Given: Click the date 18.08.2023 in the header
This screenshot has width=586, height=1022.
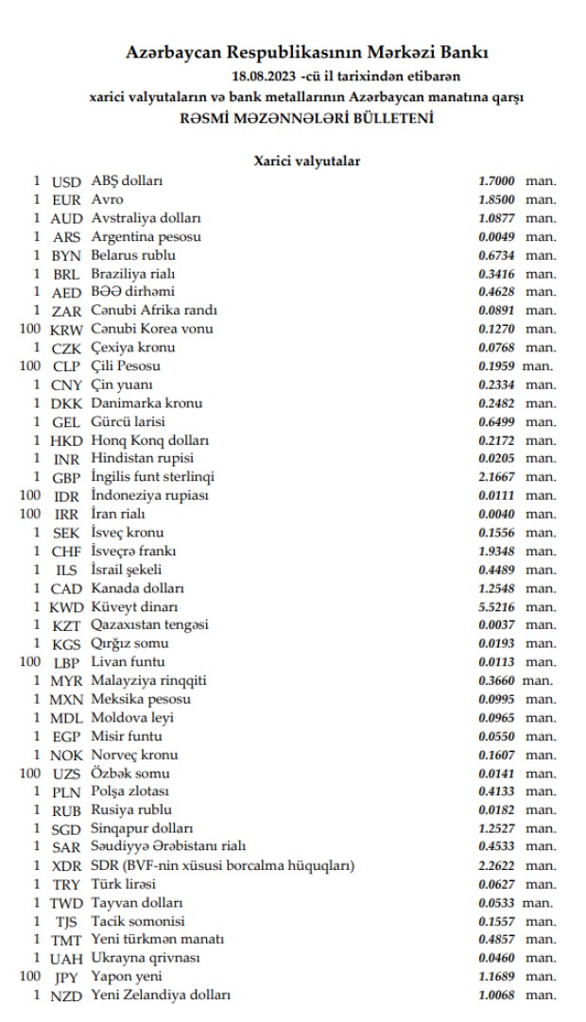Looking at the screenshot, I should pyautogui.click(x=264, y=74).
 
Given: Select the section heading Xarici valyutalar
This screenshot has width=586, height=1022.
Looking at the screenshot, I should pyautogui.click(x=306, y=162).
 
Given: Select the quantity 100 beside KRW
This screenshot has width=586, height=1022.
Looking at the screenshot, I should pyautogui.click(x=32, y=329).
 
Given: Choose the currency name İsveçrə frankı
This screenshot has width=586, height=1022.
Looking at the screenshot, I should pyautogui.click(x=133, y=551).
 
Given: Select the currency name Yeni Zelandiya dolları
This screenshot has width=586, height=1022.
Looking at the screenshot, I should pyautogui.click(x=161, y=995).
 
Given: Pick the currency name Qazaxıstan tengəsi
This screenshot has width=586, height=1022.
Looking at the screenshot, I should pyautogui.click(x=148, y=624).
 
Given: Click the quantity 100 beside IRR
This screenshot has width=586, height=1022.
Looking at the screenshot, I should pyautogui.click(x=32, y=514).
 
